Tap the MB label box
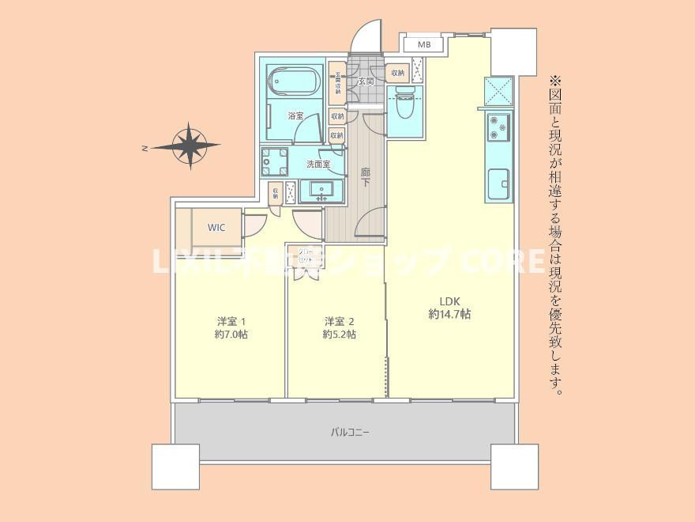(x=423, y=44)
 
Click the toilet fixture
(x=404, y=103)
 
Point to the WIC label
(x=216, y=228)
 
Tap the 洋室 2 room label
(x=339, y=321)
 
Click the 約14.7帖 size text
(x=449, y=314)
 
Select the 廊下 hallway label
(x=366, y=177)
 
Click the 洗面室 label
(x=317, y=165)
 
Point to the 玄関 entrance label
(x=366, y=81)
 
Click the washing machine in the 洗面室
(x=276, y=161)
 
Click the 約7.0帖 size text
(x=232, y=335)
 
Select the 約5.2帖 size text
(x=339, y=335)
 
